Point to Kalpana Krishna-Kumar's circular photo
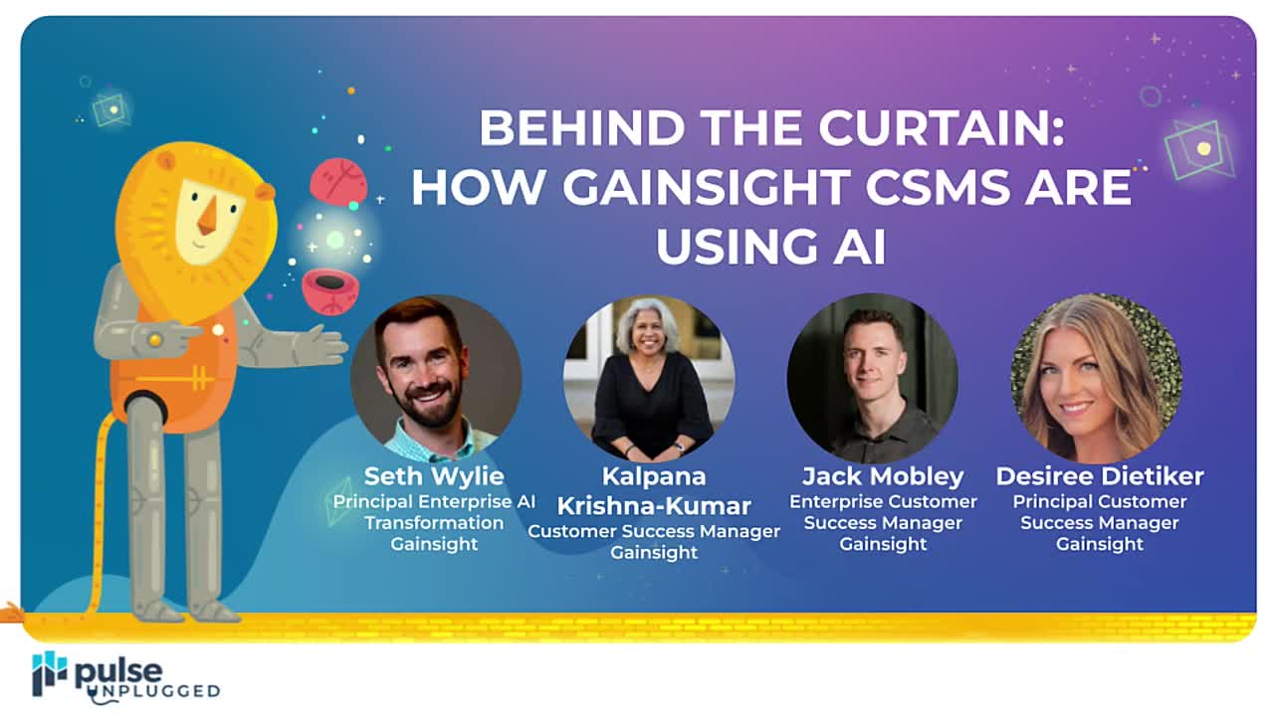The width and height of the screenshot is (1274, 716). click(649, 379)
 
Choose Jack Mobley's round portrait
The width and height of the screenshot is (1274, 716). click(873, 379)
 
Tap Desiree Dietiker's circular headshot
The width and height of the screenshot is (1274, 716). click(1096, 379)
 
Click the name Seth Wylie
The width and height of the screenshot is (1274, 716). click(434, 475)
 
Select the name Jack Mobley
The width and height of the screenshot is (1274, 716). click(883, 475)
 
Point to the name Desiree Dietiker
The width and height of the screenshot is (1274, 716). click(1100, 475)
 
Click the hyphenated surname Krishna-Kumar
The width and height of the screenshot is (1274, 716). click(654, 504)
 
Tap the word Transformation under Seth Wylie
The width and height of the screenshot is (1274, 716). click(434, 523)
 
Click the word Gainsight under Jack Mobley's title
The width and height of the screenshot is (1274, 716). click(883, 544)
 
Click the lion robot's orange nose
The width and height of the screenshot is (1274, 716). click(207, 216)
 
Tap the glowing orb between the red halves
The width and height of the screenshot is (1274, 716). click(335, 240)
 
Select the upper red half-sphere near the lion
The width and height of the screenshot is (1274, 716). click(338, 182)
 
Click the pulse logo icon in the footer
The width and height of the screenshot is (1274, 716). click(49, 673)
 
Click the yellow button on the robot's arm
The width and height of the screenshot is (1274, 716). click(153, 340)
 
